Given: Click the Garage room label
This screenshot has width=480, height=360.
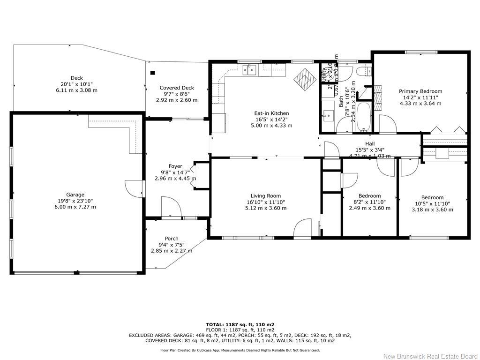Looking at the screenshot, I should click(75, 195).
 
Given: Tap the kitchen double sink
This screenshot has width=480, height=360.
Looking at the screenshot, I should click(249, 70).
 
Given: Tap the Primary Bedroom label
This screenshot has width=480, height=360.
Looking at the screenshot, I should click(420, 91).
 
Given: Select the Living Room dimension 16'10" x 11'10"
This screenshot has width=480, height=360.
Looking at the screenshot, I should click(265, 202).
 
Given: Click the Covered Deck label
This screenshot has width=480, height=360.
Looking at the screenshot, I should click(177, 88).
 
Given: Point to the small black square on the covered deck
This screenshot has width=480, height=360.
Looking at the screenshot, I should click(152, 73).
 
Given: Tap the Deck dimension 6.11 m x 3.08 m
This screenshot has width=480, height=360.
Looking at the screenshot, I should click(76, 90).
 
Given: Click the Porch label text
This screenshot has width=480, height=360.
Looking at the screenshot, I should click(172, 239).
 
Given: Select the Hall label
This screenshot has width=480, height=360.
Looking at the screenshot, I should click(370, 144).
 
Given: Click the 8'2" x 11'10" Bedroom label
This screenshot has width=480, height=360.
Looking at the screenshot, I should click(369, 195).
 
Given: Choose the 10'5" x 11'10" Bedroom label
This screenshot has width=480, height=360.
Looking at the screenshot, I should click(432, 197).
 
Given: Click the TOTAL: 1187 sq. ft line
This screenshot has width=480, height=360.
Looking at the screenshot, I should click(240, 324).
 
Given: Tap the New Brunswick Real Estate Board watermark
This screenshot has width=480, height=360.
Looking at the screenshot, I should click(429, 356).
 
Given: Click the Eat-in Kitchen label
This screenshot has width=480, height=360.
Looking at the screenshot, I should click(271, 113).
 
